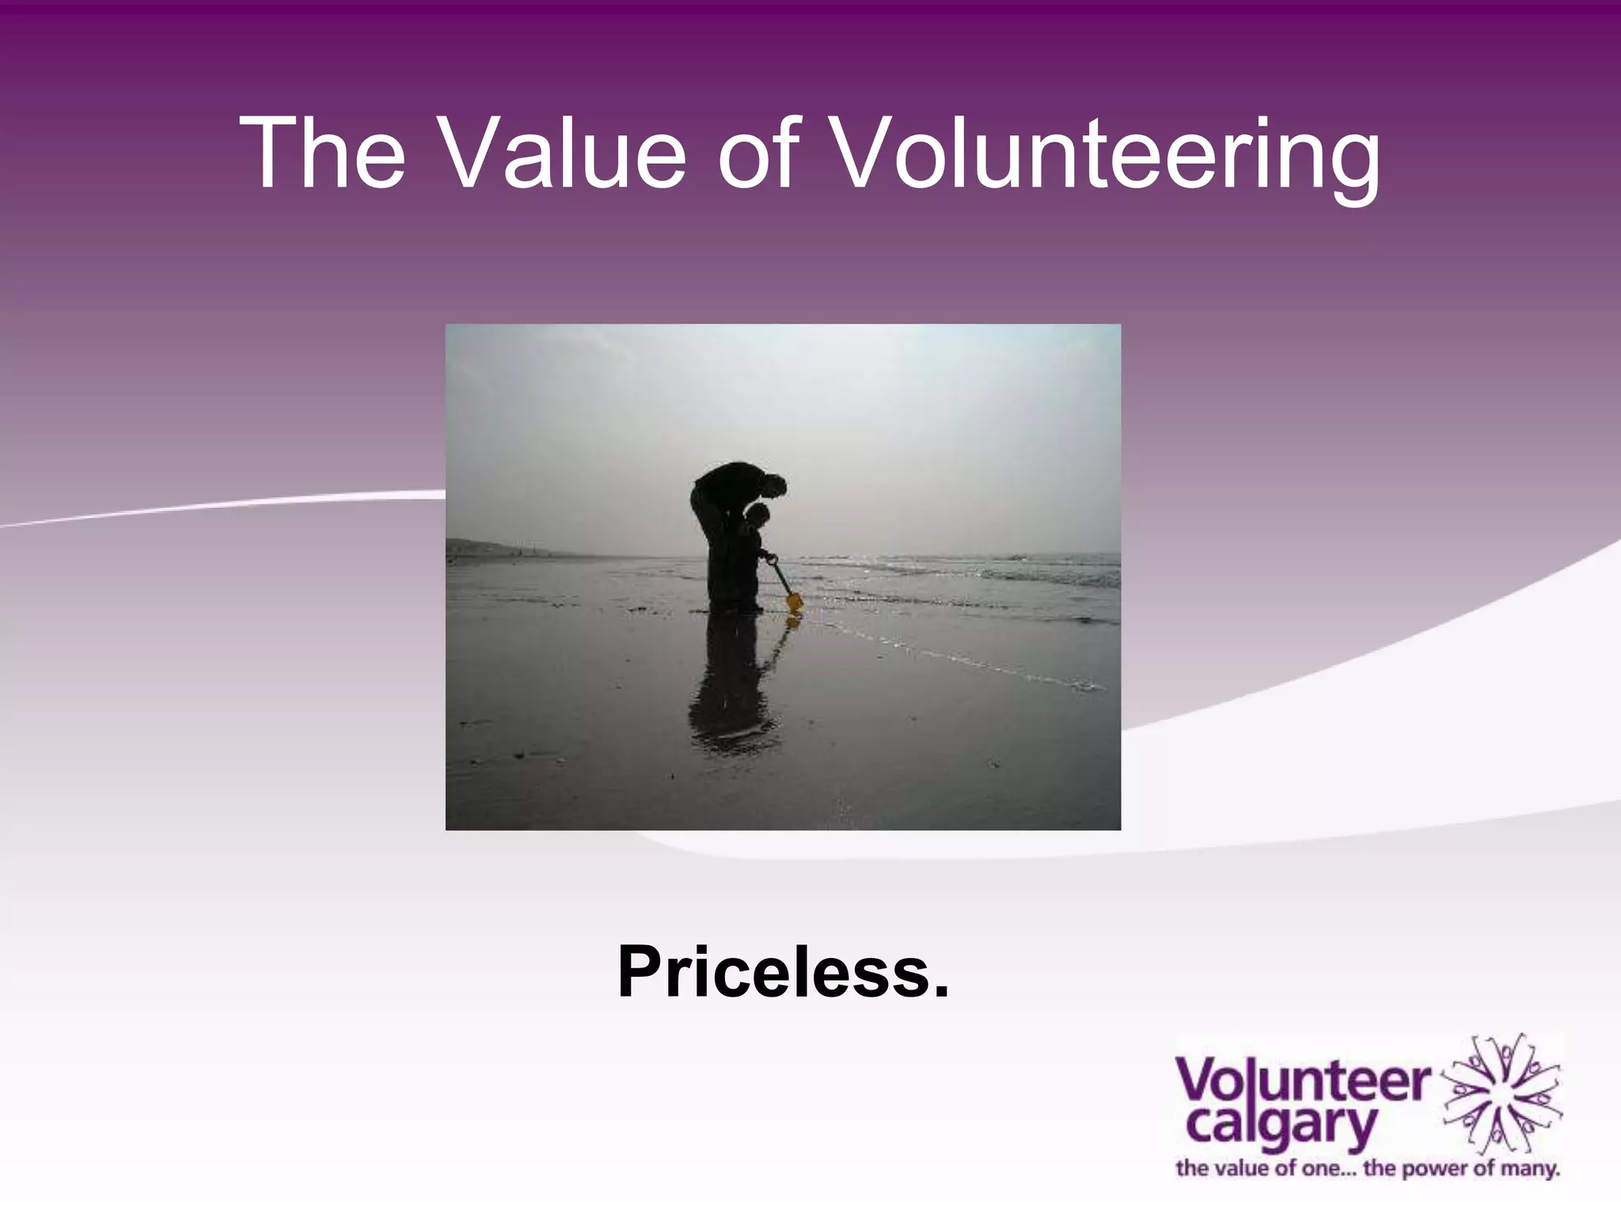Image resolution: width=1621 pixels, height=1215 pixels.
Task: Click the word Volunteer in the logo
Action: pyautogui.click(x=1303, y=1082)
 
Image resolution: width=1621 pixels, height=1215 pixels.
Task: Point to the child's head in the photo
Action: pyautogui.click(x=757, y=517)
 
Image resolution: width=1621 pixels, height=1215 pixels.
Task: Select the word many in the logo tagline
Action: pyautogui.click(x=1533, y=1168)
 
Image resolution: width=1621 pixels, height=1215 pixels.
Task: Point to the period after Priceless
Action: pyautogui.click(x=940, y=992)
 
